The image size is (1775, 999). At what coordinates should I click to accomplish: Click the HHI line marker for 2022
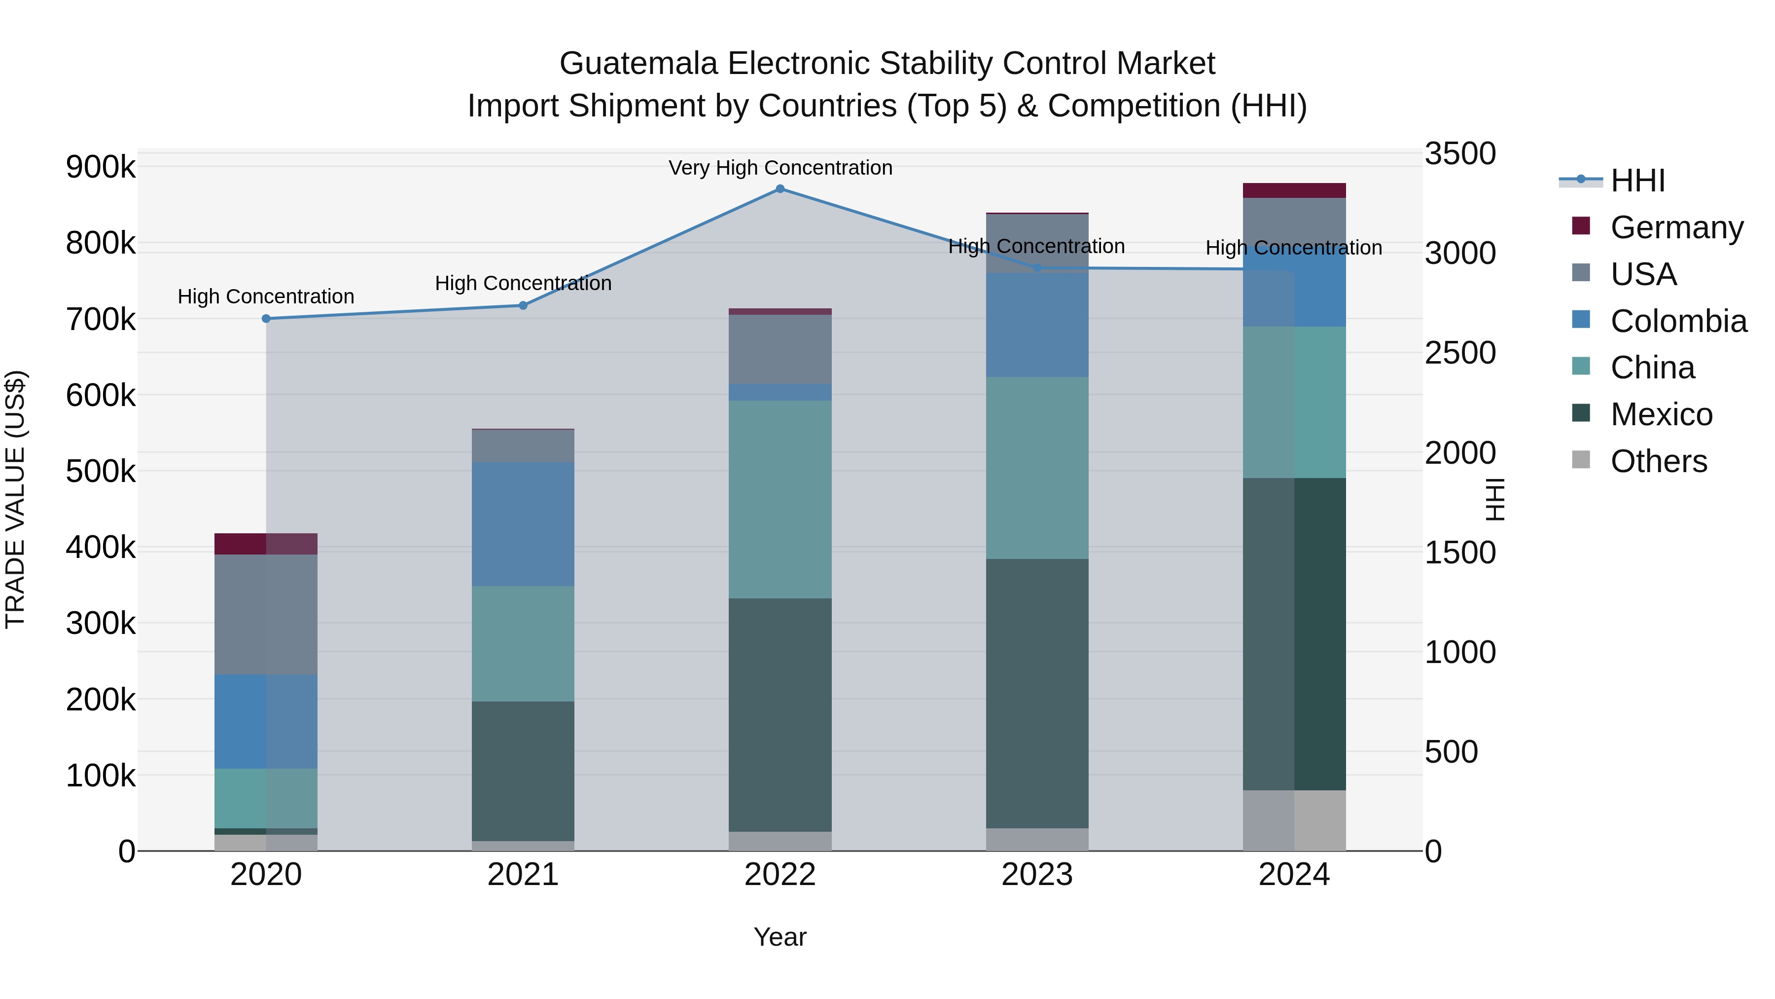[780, 189]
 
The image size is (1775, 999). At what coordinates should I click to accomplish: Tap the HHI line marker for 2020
[266, 319]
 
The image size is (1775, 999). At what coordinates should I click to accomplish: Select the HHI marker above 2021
[523, 305]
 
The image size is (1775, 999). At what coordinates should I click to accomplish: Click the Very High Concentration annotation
[780, 168]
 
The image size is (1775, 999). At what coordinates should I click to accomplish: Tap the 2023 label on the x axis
[1037, 875]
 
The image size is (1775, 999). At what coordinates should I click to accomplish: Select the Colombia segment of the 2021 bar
[523, 524]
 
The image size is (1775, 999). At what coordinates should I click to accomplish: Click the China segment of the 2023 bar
[1037, 468]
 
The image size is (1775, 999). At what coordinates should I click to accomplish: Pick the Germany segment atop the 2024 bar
[1294, 190]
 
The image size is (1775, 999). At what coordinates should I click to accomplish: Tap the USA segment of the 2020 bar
[266, 614]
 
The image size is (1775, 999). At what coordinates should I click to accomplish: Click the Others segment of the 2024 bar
[1294, 820]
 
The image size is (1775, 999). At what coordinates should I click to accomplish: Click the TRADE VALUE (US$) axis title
[15, 499]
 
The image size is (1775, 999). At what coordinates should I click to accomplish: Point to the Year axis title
[780, 937]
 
